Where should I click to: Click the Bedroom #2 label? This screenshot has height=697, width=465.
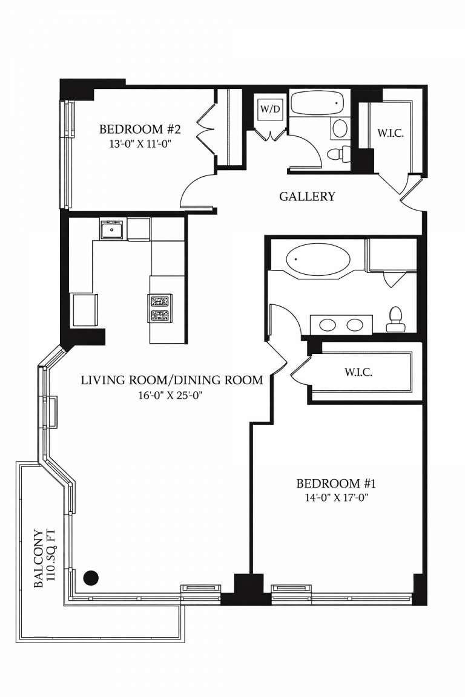tap(140, 130)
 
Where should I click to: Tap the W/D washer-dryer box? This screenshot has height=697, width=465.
tap(271, 109)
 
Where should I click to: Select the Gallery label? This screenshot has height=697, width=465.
tap(307, 197)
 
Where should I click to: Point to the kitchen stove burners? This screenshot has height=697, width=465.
tap(160, 309)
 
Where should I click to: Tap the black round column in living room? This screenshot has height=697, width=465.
tap(91, 577)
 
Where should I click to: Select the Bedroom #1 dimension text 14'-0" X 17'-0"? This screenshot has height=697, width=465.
tap(337, 498)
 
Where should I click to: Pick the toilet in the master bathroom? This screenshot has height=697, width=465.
tap(395, 319)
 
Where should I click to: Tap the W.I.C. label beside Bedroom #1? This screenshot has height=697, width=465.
tap(358, 372)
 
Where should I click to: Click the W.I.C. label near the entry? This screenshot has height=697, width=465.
tap(391, 133)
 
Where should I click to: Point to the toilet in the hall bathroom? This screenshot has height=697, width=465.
tap(339, 154)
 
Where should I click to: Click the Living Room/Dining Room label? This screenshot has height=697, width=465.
tap(172, 381)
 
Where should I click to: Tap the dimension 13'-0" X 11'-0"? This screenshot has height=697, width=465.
tap(140, 144)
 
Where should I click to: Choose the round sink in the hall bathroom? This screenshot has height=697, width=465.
tap(340, 129)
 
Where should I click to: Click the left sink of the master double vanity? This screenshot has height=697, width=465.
tap(328, 324)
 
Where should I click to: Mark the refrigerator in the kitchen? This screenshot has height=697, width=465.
tap(83, 310)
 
